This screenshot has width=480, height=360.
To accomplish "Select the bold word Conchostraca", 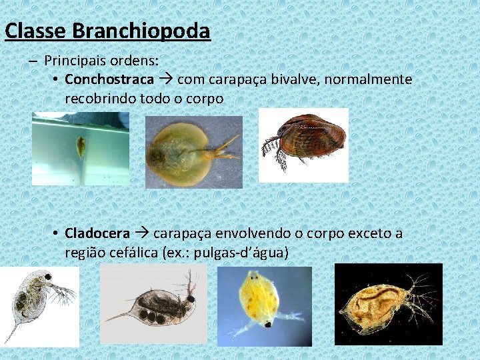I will (x=109, y=80).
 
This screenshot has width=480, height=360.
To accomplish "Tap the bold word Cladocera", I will (x=97, y=234).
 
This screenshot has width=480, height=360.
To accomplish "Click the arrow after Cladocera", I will (x=142, y=234).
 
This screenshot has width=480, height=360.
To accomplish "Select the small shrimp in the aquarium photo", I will (x=81, y=146).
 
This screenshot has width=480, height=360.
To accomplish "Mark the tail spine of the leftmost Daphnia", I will (x=11, y=332).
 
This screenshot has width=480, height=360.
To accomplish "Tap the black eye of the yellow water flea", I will (x=267, y=324).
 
